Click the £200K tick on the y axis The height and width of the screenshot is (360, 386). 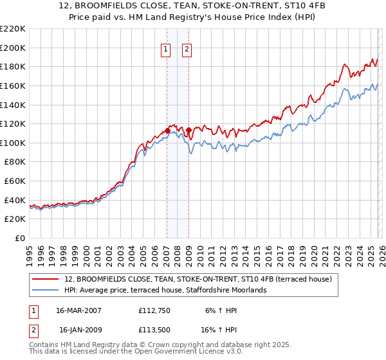click(x=13, y=48)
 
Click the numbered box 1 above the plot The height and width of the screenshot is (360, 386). click(x=166, y=49)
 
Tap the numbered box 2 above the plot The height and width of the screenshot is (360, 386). click(x=187, y=49)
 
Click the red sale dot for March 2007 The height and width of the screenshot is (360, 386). click(x=167, y=130)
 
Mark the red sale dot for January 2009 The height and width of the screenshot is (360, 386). click(x=188, y=130)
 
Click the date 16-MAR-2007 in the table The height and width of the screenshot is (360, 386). click(x=78, y=310)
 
